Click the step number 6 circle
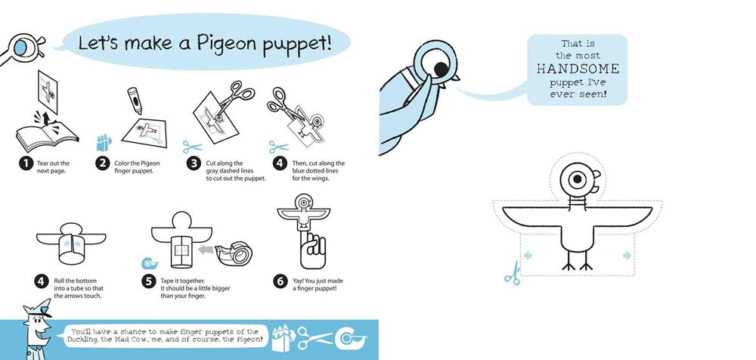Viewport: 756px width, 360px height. tap(277, 280)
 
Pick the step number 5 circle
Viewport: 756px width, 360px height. tap(147, 280)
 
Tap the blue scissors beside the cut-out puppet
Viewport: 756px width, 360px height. tap(513, 272)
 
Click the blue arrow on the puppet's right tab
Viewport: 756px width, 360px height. tap(627, 255)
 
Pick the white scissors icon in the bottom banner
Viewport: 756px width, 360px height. tap(314, 338)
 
